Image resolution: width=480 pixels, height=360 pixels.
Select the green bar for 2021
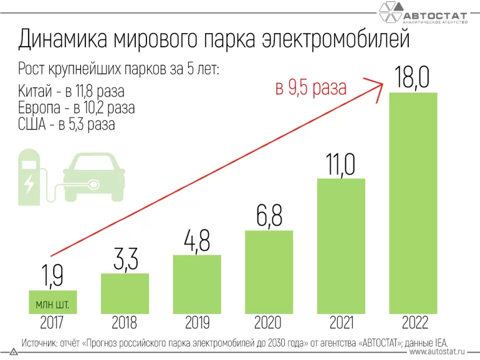(341, 246)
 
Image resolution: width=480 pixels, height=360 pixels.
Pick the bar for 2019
(196, 284)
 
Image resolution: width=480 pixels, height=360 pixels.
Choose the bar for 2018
(125, 293)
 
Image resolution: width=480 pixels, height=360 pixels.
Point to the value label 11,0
(340, 164)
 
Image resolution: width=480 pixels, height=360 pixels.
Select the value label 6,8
(269, 216)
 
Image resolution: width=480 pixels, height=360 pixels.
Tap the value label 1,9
(52, 275)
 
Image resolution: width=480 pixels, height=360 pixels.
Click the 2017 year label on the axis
(52, 323)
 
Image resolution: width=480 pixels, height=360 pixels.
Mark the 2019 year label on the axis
(197, 323)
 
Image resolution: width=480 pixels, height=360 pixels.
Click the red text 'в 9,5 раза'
(310, 88)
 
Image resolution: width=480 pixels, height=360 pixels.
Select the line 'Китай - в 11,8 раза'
(72, 92)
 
